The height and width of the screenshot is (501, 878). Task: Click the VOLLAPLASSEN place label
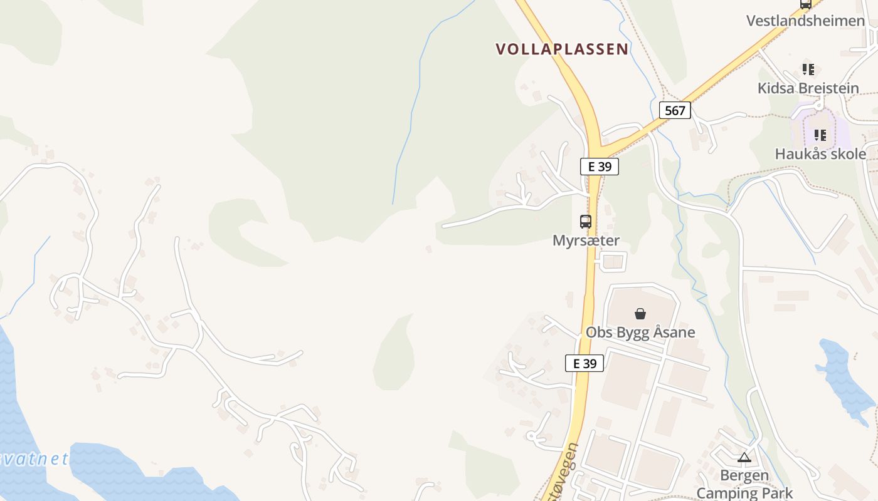(x=562, y=49)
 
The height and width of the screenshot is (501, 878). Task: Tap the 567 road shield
(x=675, y=111)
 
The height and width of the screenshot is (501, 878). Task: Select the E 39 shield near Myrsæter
(x=599, y=167)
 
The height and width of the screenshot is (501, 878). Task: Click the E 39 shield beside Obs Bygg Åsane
(x=584, y=363)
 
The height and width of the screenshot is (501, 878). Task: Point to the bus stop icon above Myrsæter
(x=585, y=221)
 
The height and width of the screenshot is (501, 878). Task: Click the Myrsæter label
(x=586, y=240)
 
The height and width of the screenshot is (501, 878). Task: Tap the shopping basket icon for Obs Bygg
(x=640, y=314)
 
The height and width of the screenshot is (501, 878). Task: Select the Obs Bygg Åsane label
(x=640, y=332)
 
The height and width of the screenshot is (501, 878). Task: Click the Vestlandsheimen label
(x=805, y=21)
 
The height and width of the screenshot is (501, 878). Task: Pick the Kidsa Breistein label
(x=808, y=88)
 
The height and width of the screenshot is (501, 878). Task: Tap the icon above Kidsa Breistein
(x=808, y=69)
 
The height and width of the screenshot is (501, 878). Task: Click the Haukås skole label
(x=820, y=154)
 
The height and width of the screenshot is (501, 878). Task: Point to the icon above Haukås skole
(x=820, y=135)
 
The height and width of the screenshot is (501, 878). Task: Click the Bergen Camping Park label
(x=744, y=484)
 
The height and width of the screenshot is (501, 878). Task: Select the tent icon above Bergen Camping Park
(x=744, y=457)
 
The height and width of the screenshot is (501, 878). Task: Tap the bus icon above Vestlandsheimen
(x=806, y=4)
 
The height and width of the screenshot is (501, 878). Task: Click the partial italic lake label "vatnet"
(x=34, y=459)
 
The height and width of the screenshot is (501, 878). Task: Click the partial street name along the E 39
(x=559, y=473)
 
